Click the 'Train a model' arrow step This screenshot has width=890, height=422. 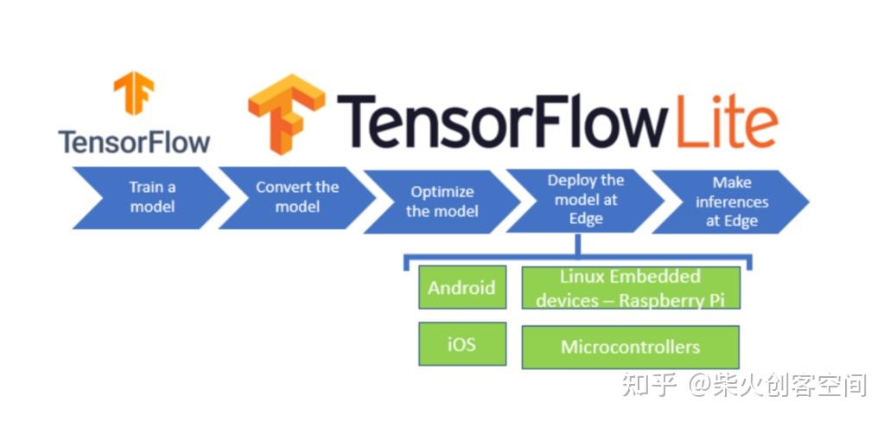(x=151, y=197)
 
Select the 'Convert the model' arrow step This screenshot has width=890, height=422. (x=296, y=197)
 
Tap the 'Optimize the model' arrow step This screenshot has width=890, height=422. (x=442, y=201)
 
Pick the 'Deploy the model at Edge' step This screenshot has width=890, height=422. (x=585, y=200)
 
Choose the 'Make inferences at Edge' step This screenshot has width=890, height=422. (x=731, y=201)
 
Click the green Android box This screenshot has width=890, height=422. (x=461, y=288)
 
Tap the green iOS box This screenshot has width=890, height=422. (x=461, y=344)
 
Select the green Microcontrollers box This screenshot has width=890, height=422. (x=630, y=347)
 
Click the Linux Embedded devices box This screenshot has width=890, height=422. (x=630, y=288)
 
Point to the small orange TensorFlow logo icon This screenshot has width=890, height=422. (x=134, y=93)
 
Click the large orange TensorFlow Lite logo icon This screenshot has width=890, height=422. (x=286, y=113)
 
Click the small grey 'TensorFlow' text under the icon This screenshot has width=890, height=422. (x=134, y=141)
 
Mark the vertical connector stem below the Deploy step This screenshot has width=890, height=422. (x=576, y=245)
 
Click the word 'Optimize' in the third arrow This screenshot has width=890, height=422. (x=442, y=192)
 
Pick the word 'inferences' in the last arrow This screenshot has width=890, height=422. (x=731, y=201)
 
